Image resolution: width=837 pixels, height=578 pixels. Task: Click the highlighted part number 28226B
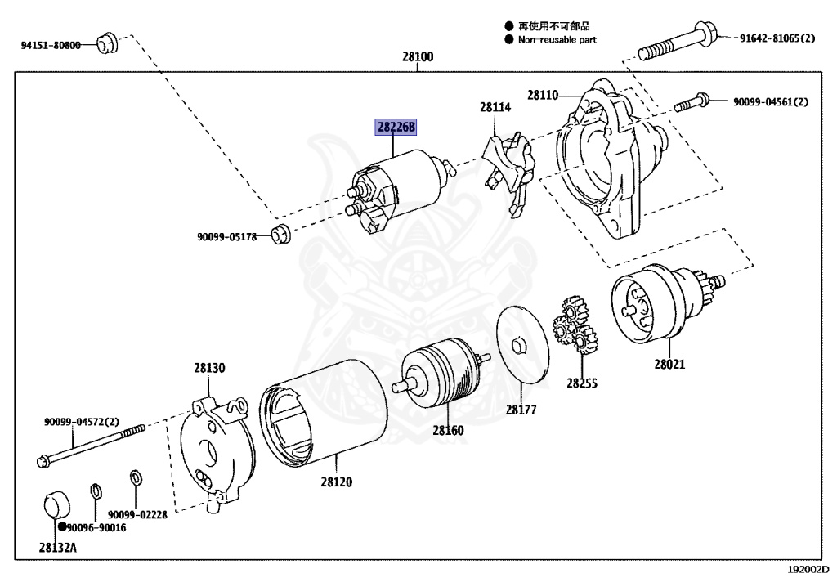click(396, 127)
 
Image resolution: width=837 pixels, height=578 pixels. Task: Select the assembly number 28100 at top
click(418, 57)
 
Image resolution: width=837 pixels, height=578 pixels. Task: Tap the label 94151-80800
click(51, 45)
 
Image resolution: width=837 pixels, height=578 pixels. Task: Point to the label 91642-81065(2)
click(777, 38)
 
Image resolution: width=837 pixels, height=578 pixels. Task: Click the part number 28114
click(495, 106)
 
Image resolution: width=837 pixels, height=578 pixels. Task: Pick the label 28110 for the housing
click(542, 96)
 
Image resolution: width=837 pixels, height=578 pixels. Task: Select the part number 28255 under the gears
click(583, 382)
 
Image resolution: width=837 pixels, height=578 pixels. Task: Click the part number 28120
click(336, 482)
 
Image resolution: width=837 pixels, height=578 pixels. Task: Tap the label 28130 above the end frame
click(209, 369)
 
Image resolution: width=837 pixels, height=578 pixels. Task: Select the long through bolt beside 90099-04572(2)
click(90, 444)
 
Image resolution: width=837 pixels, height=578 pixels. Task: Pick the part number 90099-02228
click(137, 514)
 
